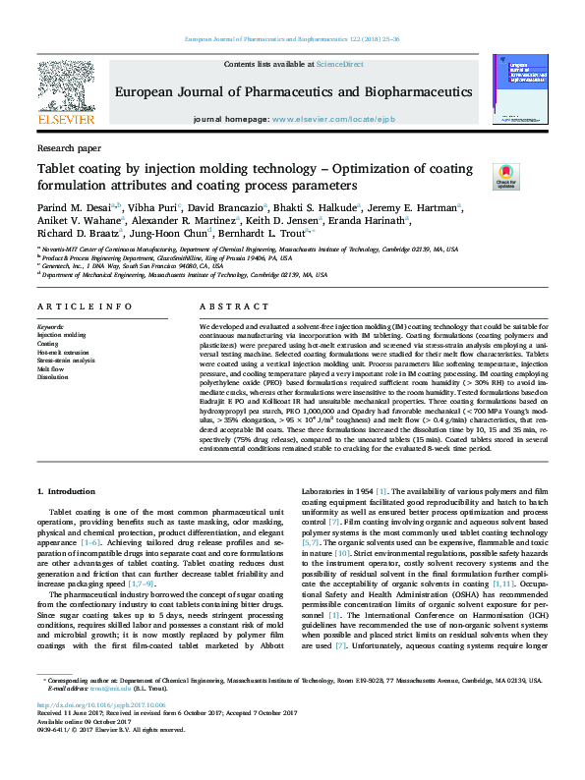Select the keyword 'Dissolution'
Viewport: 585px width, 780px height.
point(51,376)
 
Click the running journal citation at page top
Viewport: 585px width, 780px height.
point(292,39)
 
